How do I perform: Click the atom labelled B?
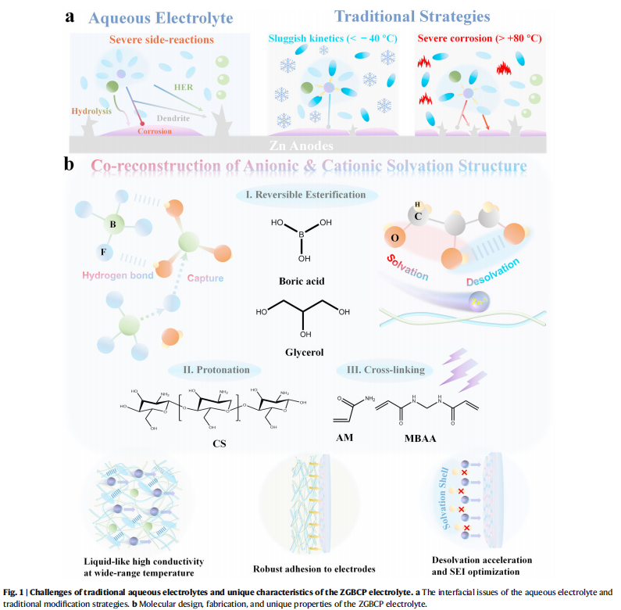click(113, 226)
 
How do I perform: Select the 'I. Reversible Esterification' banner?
click(307, 194)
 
